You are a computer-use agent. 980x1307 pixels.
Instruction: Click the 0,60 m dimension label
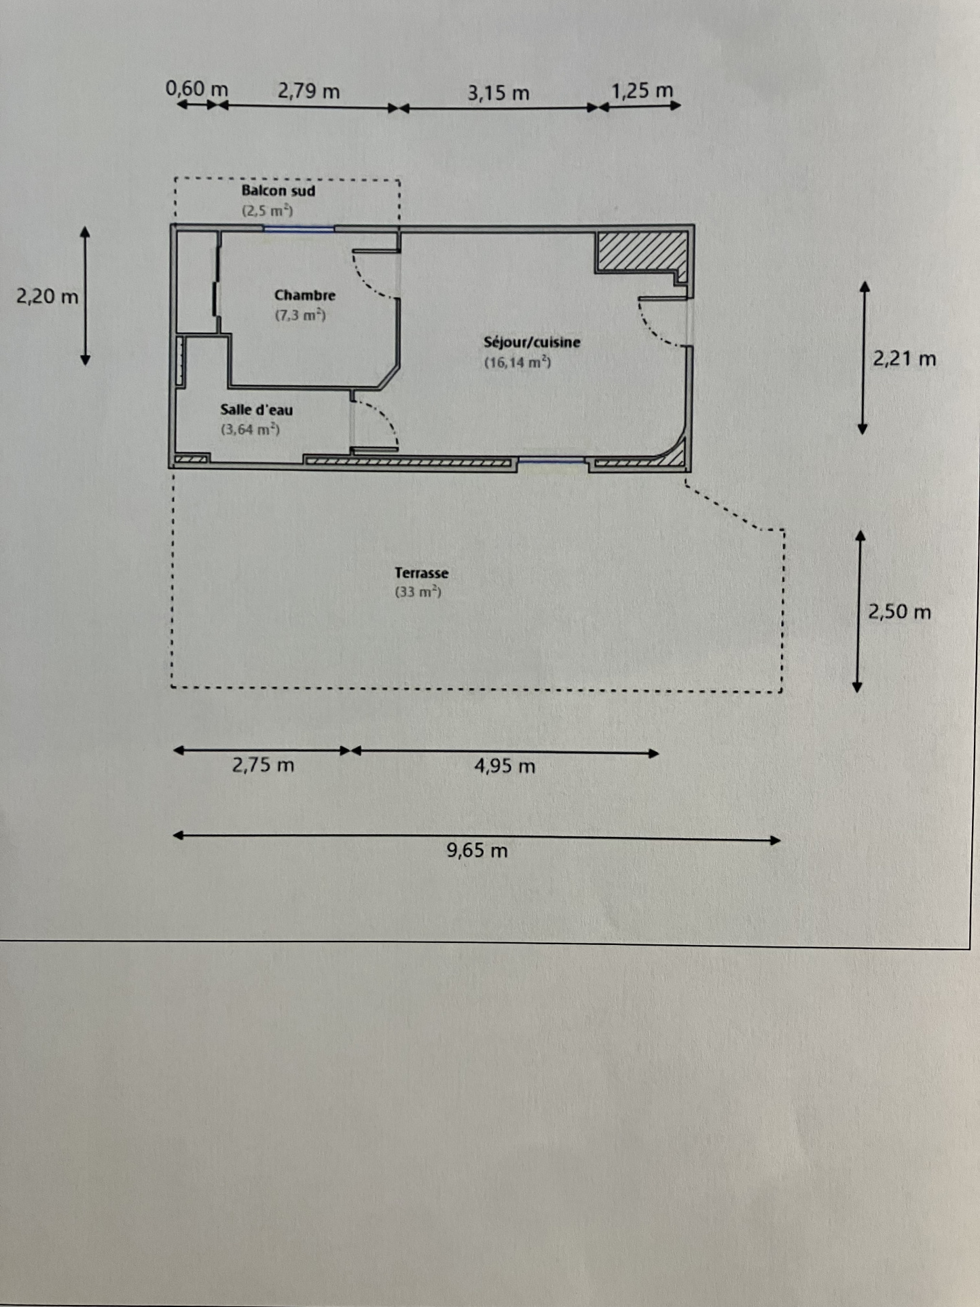pyautogui.click(x=197, y=89)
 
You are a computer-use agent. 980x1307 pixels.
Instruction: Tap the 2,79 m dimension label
pyautogui.click(x=308, y=91)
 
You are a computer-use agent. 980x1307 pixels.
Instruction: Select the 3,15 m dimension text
pyautogui.click(x=498, y=93)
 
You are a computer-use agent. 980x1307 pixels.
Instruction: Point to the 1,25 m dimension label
pyautogui.click(x=642, y=90)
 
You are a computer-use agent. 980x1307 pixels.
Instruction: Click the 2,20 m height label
pyautogui.click(x=48, y=297)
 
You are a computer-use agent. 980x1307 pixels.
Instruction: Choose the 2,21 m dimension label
pyautogui.click(x=904, y=359)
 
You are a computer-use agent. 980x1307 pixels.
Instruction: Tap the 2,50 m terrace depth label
pyautogui.click(x=899, y=612)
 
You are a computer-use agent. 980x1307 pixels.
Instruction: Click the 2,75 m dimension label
pyautogui.click(x=263, y=766)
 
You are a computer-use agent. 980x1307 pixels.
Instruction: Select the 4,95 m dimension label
pyautogui.click(x=505, y=766)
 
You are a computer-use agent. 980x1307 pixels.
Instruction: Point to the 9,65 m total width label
pyautogui.click(x=477, y=851)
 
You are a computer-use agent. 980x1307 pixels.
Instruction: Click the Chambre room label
pyautogui.click(x=305, y=296)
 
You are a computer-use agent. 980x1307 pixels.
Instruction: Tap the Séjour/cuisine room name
pyautogui.click(x=532, y=342)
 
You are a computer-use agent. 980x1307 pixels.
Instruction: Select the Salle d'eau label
pyautogui.click(x=257, y=410)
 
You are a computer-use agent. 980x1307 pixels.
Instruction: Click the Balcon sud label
pyautogui.click(x=278, y=191)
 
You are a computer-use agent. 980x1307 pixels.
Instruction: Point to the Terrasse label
pyautogui.click(x=421, y=573)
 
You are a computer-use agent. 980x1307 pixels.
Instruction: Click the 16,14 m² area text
pyautogui.click(x=518, y=362)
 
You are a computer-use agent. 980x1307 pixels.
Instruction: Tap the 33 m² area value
pyautogui.click(x=418, y=592)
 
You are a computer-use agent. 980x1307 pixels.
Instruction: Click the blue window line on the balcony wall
pyautogui.click(x=299, y=230)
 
